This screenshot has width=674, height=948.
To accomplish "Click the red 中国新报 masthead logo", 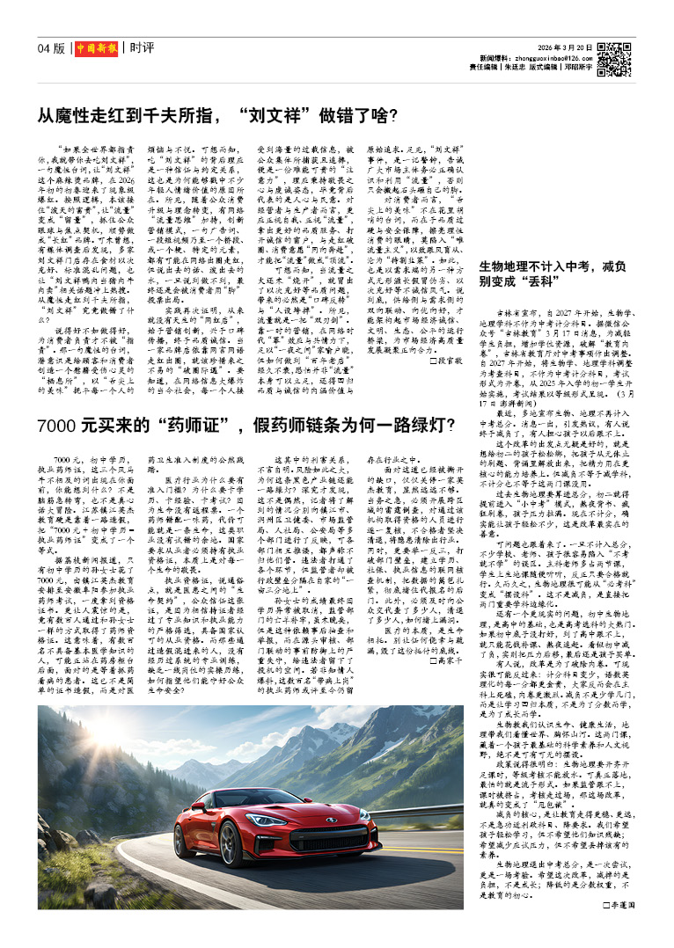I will [94, 47].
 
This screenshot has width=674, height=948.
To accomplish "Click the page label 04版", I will [52, 47].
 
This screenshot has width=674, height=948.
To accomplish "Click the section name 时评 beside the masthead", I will [143, 47].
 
